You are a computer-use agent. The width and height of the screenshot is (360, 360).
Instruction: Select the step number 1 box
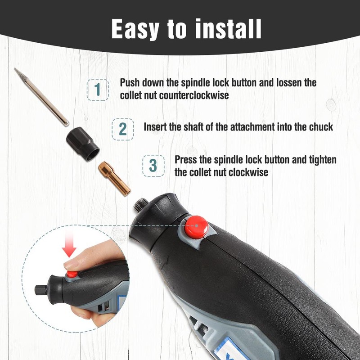pos(98,90)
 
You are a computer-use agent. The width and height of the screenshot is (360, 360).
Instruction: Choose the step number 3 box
pos(153,166)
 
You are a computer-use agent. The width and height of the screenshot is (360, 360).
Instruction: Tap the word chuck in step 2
pos(321,127)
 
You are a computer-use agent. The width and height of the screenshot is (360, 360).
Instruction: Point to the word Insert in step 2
pos(155,127)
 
